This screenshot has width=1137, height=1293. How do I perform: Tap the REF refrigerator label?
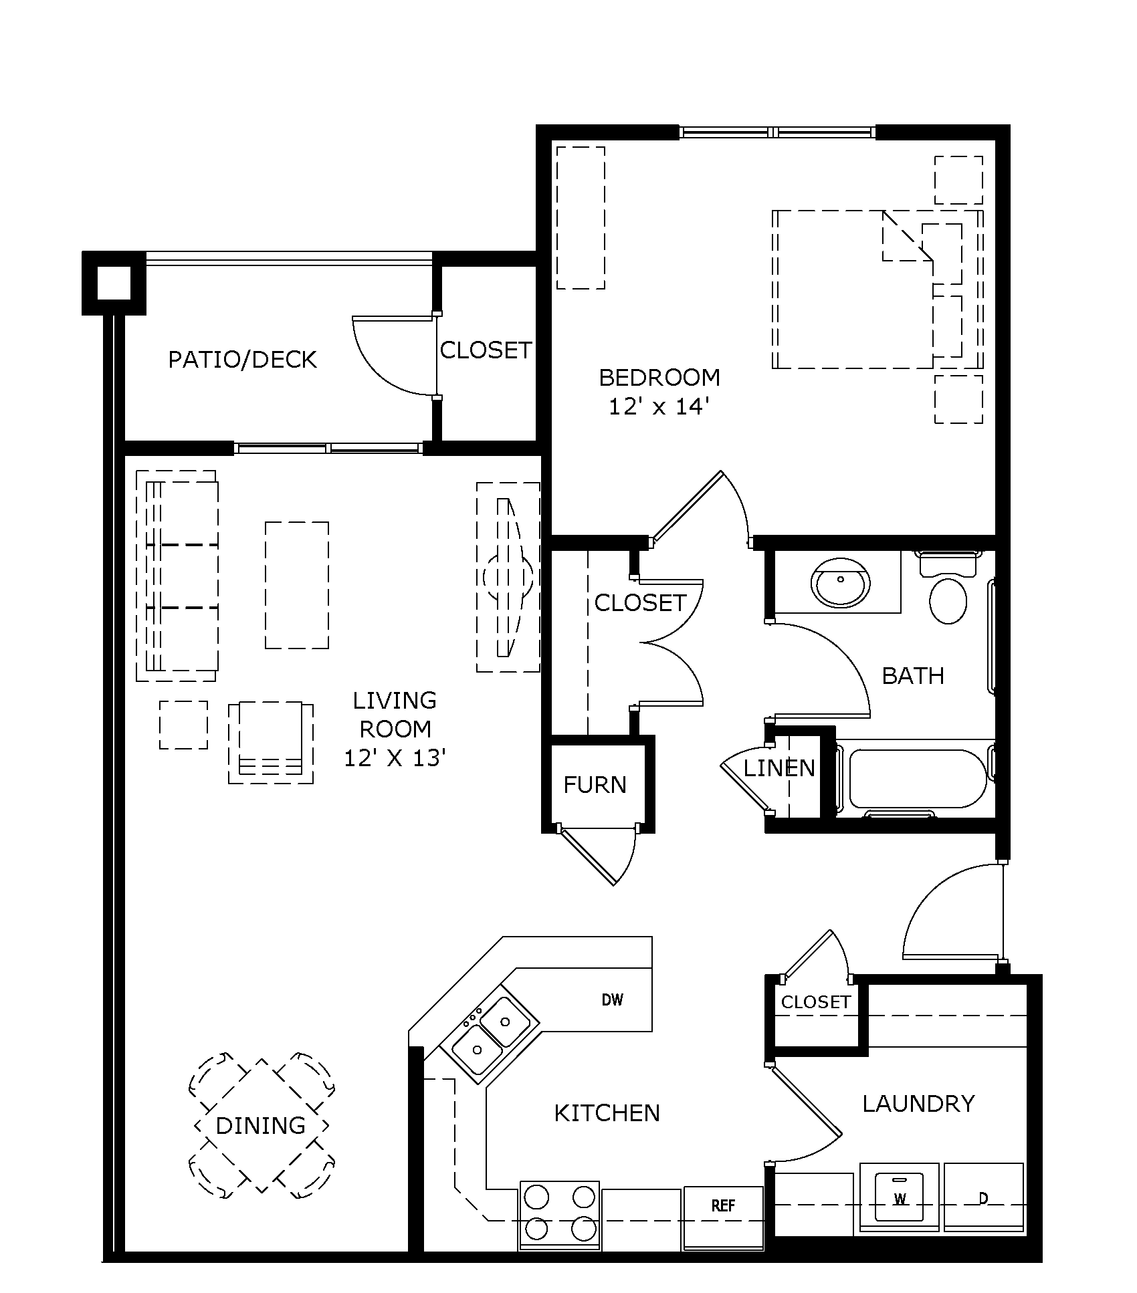click(x=723, y=1205)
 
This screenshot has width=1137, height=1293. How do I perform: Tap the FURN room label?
click(x=595, y=785)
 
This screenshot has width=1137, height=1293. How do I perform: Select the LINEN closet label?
click(x=779, y=768)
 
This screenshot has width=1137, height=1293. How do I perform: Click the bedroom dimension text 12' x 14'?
click(x=658, y=406)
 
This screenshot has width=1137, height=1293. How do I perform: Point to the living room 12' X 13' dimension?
click(x=395, y=757)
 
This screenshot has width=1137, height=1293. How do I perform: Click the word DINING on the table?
click(x=260, y=1125)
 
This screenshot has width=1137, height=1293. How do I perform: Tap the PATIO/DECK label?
click(x=242, y=360)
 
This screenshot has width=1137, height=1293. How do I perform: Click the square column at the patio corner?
click(x=114, y=283)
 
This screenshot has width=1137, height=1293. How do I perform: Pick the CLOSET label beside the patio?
click(x=486, y=350)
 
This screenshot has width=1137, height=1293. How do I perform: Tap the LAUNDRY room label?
click(x=918, y=1103)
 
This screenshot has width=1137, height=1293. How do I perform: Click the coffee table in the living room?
click(x=296, y=585)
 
